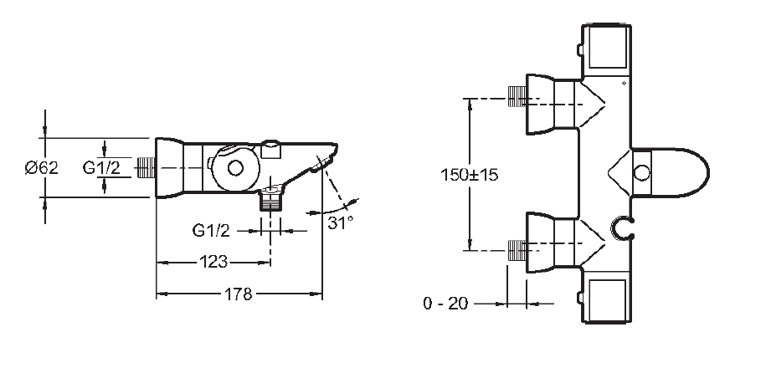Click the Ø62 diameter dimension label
point(42,168)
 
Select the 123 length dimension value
point(213,262)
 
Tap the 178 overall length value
point(239,294)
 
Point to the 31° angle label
point(340,223)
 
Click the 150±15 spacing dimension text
point(470,175)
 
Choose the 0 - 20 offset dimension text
point(445,304)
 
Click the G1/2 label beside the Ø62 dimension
point(101,168)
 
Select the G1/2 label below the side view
point(211,230)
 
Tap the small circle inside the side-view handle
point(235,168)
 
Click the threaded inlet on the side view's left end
point(146,168)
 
